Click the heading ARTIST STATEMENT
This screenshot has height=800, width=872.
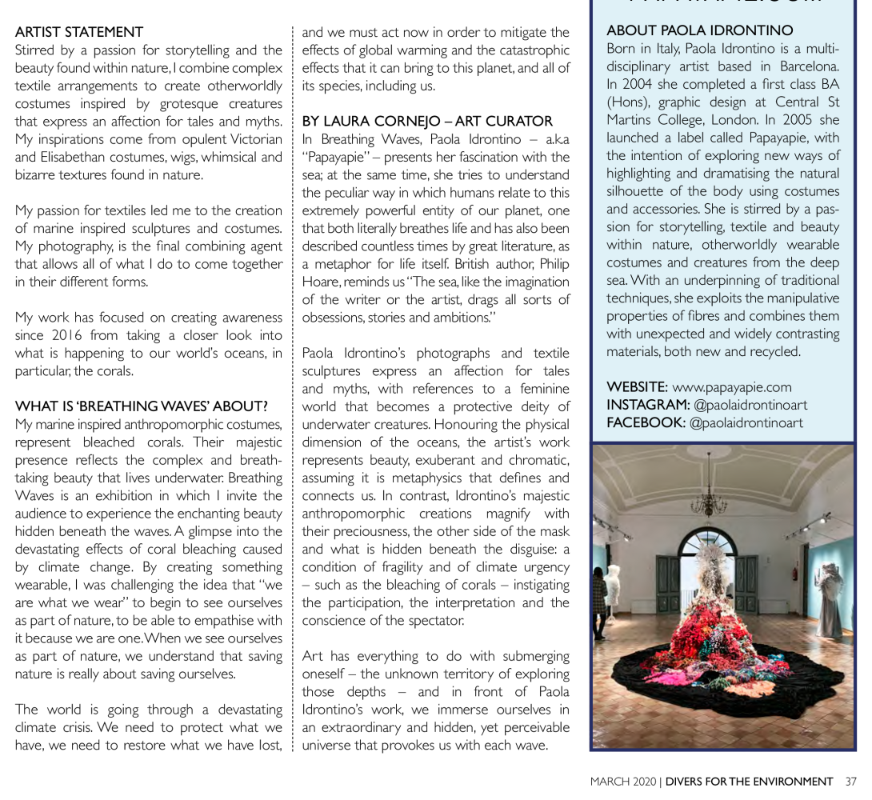point(79,32)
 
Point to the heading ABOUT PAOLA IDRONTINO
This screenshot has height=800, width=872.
point(700,31)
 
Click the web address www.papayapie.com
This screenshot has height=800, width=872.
point(731,387)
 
